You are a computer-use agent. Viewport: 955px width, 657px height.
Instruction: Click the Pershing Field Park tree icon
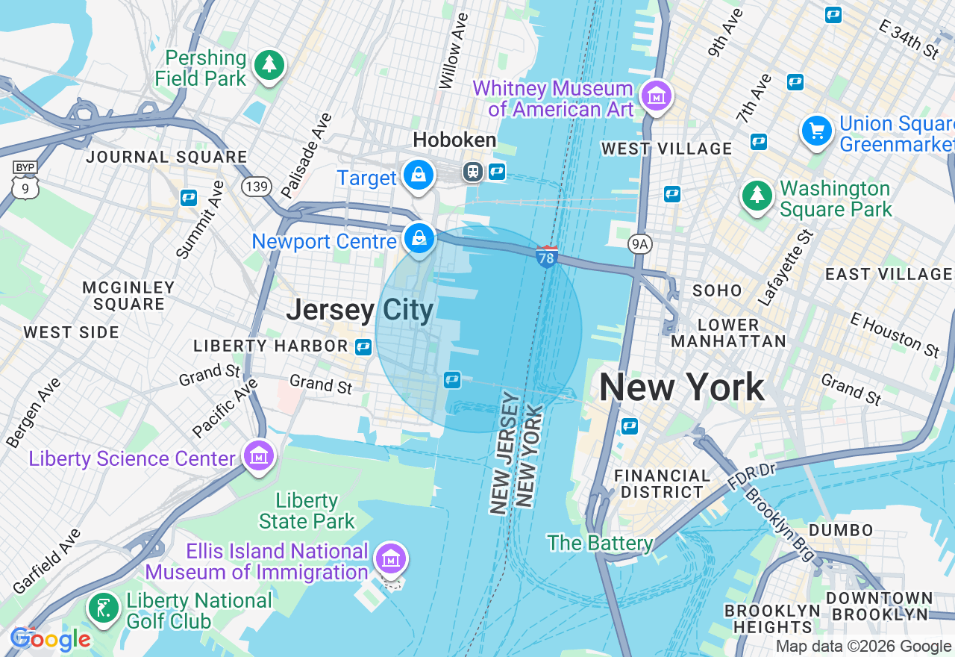coord(269,65)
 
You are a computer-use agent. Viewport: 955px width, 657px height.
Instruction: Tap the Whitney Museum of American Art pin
coord(657,96)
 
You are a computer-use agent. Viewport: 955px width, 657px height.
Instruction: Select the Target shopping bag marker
coord(419,175)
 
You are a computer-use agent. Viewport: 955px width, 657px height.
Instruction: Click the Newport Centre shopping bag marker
coord(419,239)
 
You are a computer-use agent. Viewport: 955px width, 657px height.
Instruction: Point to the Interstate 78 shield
coord(547,257)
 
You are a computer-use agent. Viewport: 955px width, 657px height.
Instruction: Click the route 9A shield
coord(639,243)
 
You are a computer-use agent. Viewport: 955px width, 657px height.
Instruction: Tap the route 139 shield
coord(256,186)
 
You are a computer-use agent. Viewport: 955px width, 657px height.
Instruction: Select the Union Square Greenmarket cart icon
coord(817,131)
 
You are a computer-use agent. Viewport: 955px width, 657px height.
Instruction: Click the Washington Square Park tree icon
coord(757,196)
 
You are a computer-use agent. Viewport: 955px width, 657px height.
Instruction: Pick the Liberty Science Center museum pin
coord(258,455)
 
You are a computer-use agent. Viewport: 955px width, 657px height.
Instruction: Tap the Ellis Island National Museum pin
coord(390,558)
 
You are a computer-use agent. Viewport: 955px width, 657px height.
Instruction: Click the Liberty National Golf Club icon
coord(102,608)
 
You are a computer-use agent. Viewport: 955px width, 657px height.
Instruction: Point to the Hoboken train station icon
coord(473,172)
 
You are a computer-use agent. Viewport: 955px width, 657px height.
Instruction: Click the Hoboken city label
coord(454,140)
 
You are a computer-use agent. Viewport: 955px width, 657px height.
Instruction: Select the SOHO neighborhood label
coord(717,290)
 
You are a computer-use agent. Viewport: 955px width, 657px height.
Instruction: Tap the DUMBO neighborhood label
coord(840,530)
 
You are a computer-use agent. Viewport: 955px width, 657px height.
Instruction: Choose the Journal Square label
coord(166,157)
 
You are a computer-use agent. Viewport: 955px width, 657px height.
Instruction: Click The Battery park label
coord(600,543)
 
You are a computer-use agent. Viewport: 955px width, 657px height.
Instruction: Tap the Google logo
coord(50,639)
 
